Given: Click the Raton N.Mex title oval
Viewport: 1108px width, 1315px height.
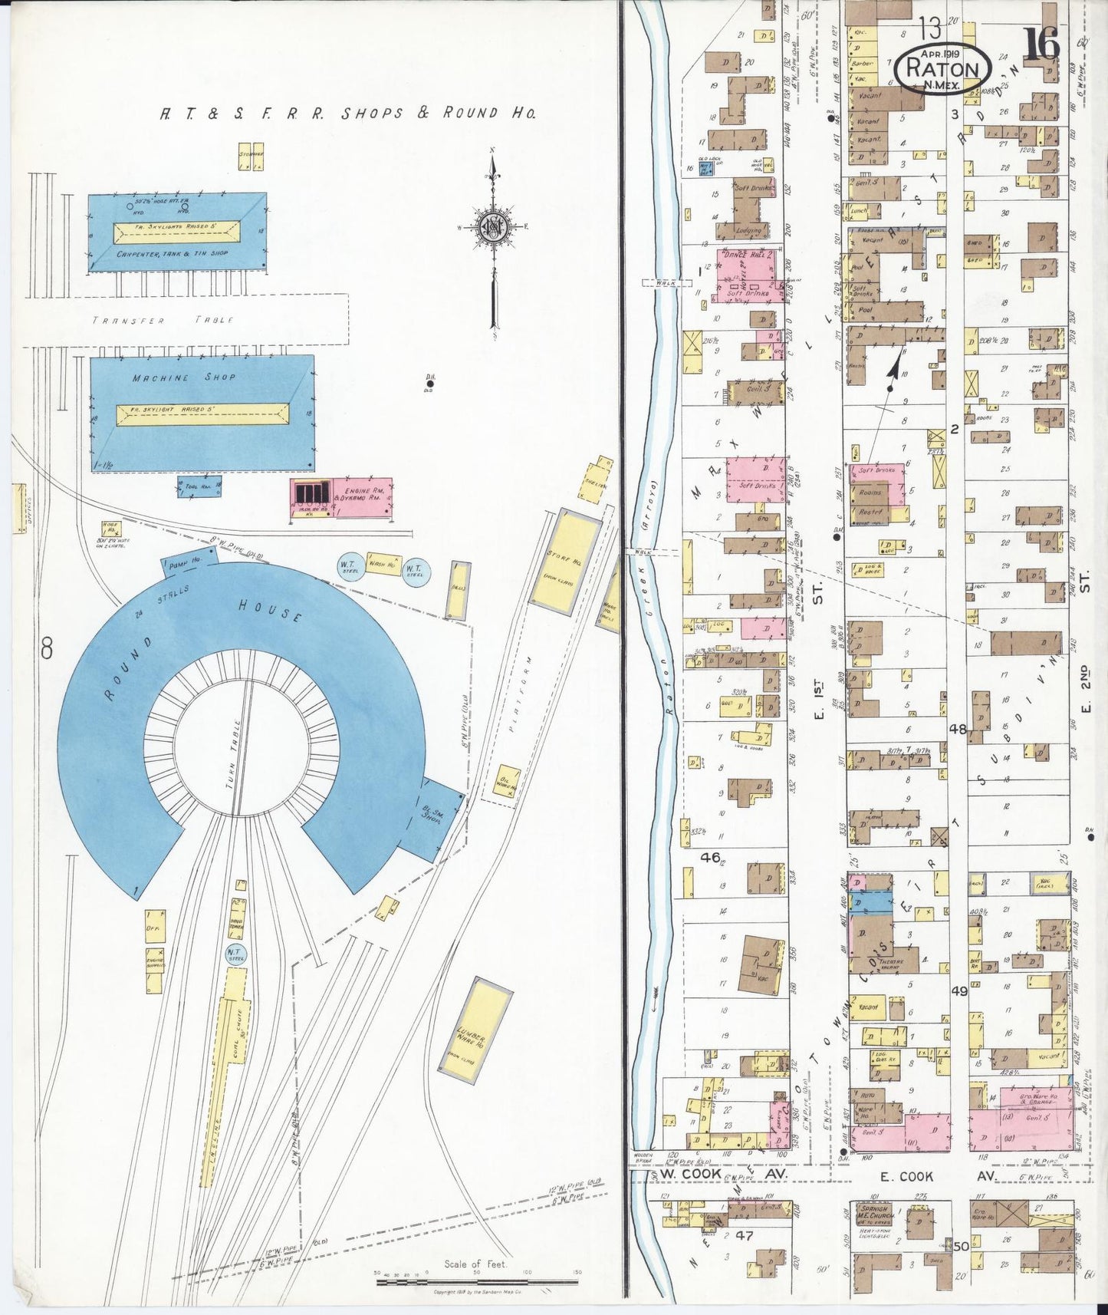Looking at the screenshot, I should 942,69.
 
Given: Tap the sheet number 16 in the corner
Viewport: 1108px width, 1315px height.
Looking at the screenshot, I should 1042,43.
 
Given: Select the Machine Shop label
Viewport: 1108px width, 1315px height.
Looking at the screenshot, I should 184,377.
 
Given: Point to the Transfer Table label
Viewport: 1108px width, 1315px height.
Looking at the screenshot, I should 163,320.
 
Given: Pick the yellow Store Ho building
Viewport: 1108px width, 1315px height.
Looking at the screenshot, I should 564,561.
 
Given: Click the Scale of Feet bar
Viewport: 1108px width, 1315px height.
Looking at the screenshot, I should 475,1281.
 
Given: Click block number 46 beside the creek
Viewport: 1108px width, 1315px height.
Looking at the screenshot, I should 710,857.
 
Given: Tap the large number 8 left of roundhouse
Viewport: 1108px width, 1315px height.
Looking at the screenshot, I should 47,650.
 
